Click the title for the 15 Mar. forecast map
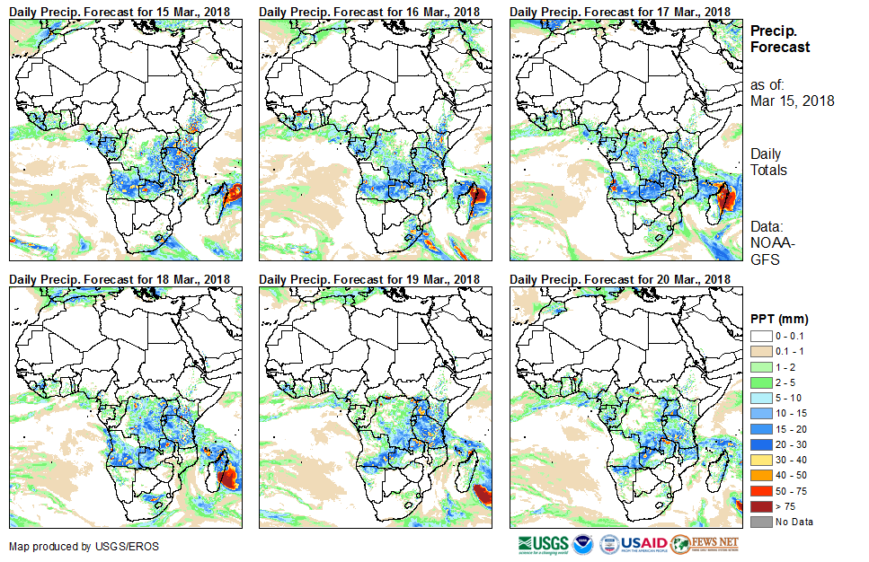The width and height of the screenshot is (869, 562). point(120,11)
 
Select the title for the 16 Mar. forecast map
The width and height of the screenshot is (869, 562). point(369,11)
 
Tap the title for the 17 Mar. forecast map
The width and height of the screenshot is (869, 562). point(619,11)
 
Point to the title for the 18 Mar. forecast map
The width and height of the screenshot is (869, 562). point(120,279)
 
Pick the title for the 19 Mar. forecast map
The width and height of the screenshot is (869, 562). point(369,279)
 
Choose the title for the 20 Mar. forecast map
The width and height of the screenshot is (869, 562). point(619,279)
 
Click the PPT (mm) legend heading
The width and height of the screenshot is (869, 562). point(779,319)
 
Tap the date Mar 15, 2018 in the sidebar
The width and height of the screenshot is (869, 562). point(792,101)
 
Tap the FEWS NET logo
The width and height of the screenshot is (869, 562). point(705,544)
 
